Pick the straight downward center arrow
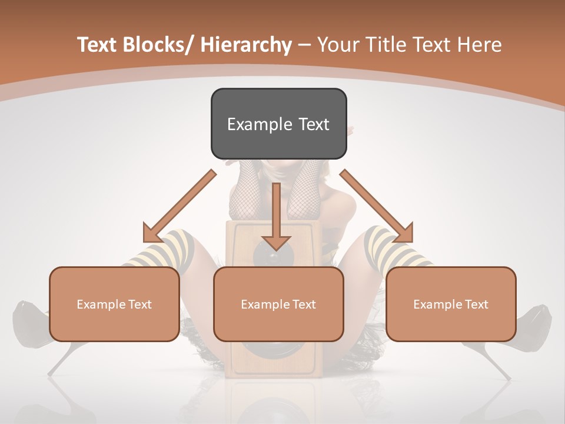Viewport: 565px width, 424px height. (276, 218)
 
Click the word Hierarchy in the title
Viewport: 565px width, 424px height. (246, 45)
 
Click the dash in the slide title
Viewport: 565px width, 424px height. (304, 45)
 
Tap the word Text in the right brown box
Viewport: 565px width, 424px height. (476, 304)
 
